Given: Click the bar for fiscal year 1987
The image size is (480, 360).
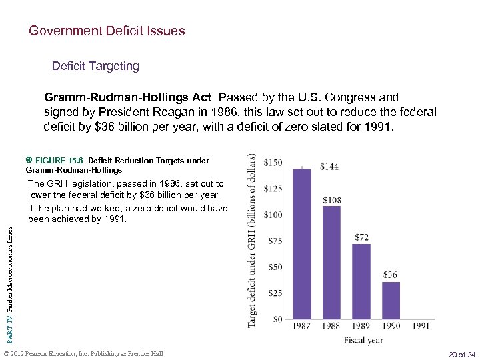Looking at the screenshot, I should click(x=302, y=244).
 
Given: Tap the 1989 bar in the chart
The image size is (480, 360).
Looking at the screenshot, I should click(x=361, y=281).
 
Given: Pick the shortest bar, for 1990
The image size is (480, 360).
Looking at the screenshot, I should click(x=391, y=301).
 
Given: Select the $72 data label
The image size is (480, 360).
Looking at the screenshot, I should click(x=363, y=237).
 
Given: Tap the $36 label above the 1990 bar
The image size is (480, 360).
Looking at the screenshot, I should click(x=391, y=274).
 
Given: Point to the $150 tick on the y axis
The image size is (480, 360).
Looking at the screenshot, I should click(x=273, y=163).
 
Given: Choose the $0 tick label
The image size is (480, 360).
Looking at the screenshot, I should click(x=278, y=319).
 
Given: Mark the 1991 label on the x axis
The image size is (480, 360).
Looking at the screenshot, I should click(x=421, y=326).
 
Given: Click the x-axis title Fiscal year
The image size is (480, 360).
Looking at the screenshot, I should click(x=363, y=340).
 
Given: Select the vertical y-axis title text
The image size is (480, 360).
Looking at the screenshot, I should click(x=252, y=240).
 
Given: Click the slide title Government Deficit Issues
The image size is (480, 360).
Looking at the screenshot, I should click(x=107, y=31).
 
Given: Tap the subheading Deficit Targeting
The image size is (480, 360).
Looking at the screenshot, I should click(x=95, y=66).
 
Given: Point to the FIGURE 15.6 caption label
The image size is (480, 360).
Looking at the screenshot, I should click(x=59, y=161).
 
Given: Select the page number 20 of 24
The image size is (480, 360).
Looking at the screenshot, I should click(x=462, y=353).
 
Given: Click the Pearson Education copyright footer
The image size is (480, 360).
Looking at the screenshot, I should click(x=83, y=353).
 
